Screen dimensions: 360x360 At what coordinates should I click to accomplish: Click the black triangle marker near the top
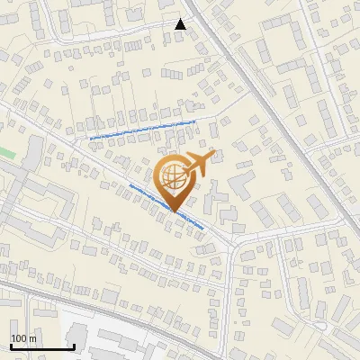point(181,24)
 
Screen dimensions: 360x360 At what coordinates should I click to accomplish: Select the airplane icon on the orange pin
point(199,164)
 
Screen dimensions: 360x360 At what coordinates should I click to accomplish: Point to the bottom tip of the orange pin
point(175,212)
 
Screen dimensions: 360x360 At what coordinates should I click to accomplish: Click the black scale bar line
point(41,346)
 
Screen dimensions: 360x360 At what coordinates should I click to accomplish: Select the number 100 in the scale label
point(19,338)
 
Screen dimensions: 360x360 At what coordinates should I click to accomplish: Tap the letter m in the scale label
point(32,338)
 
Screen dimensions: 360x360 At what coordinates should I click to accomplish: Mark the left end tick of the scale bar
point(11,345)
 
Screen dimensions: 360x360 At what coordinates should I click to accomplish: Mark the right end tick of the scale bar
point(74,345)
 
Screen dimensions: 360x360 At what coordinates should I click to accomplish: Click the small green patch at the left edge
point(7,153)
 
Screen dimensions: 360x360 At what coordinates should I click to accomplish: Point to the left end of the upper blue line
point(91,139)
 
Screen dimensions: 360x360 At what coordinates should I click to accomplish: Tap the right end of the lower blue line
point(204,228)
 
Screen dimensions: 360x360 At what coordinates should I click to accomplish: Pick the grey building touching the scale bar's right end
point(79,337)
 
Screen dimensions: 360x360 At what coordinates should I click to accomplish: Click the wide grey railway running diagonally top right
point(270,108)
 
